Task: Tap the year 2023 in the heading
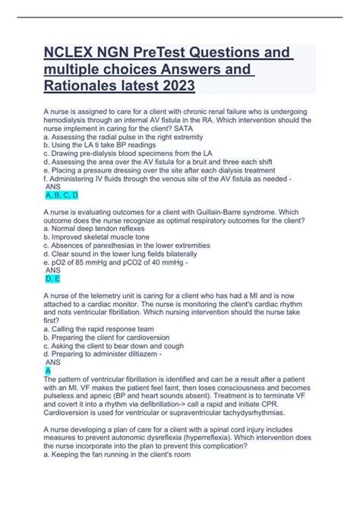(176, 87)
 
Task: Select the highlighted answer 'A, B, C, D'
(62, 195)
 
